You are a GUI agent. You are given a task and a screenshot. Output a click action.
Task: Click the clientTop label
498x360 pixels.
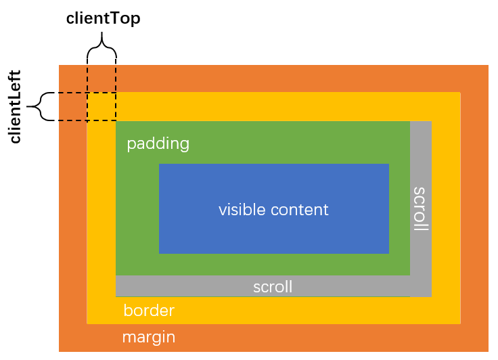tap(103, 18)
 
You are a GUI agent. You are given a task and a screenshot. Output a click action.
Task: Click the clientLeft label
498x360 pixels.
tap(15, 106)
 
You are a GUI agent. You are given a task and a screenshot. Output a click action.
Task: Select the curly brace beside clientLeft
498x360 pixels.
tap(41, 106)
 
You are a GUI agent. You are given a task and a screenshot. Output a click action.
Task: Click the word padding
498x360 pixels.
tap(158, 143)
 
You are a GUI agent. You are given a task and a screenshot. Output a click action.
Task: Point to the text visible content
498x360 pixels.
tap(273, 210)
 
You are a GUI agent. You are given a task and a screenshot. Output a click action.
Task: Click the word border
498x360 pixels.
tap(149, 311)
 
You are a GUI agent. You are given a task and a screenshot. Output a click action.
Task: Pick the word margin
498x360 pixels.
tap(149, 336)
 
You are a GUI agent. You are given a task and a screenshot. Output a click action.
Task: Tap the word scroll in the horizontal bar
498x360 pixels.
tap(273, 287)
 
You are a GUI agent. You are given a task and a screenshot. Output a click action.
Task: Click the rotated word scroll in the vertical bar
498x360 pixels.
tap(420, 209)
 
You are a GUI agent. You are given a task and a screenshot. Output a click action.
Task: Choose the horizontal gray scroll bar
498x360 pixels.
tap(189, 286)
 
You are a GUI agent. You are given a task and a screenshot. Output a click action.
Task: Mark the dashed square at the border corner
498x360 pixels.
tap(101, 106)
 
